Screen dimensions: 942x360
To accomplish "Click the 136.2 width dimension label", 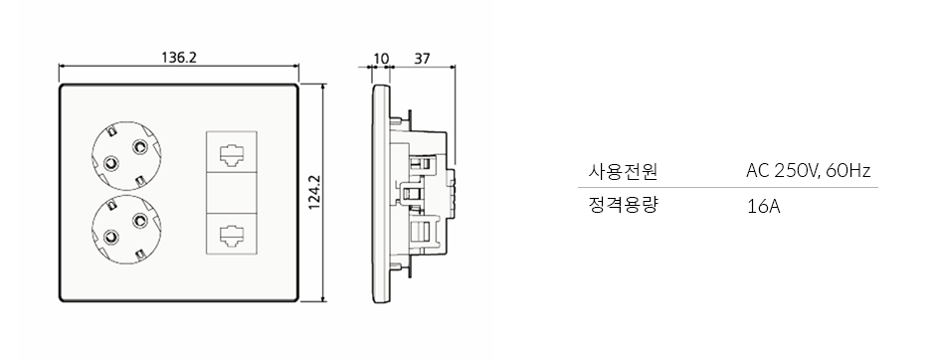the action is [x=179, y=58].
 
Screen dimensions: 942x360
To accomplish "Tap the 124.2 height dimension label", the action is [x=314, y=192].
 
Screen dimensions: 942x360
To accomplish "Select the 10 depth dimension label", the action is [x=381, y=59].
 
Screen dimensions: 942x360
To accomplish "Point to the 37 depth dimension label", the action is [x=423, y=59].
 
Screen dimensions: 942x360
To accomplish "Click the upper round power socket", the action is [x=127, y=156].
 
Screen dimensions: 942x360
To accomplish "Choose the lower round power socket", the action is [x=127, y=229].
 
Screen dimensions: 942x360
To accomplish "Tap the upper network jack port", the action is [x=232, y=153].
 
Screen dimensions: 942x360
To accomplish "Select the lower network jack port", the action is [x=232, y=232].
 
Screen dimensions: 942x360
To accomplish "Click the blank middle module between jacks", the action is [x=232, y=192].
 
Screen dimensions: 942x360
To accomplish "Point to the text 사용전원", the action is [x=623, y=172].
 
